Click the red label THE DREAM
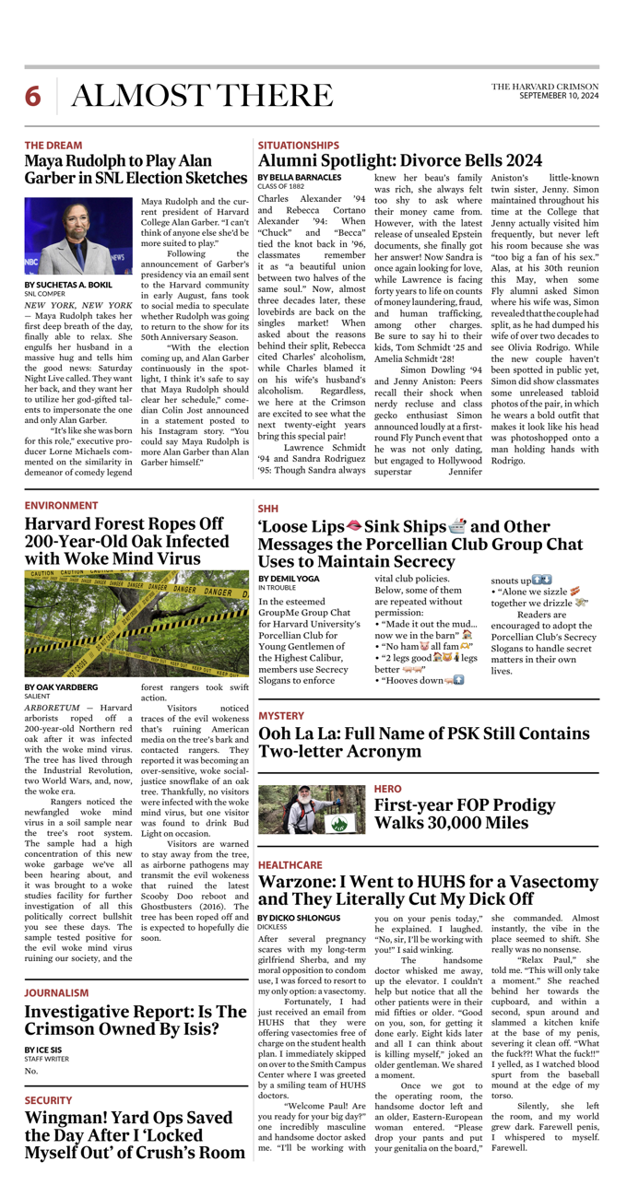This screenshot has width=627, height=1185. [x=53, y=146]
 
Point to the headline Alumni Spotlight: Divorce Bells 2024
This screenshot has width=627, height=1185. [x=400, y=161]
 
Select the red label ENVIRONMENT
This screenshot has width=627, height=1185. [x=61, y=506]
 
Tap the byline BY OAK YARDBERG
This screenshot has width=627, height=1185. [x=61, y=686]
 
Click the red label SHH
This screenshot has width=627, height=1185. [x=267, y=508]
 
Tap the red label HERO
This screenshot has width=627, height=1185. [x=387, y=789]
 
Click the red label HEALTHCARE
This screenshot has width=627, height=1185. [x=290, y=865]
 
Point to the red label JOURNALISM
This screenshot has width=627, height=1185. [x=56, y=992]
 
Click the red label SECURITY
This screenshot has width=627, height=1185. [x=48, y=1100]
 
